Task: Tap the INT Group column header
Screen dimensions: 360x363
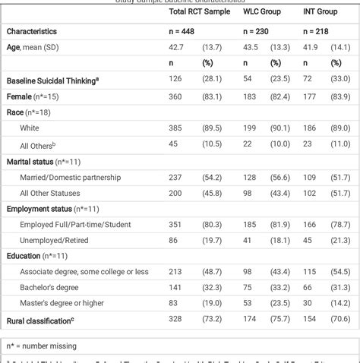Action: pos(321,11)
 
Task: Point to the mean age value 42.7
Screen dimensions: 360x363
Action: pos(177,47)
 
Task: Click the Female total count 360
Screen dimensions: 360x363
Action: pos(177,96)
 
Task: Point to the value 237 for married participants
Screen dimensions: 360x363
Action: pos(177,177)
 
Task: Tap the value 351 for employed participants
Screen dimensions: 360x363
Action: pos(177,225)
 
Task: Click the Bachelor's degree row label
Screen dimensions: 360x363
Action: pos(52,288)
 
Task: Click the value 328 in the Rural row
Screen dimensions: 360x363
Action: pos(177,320)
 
